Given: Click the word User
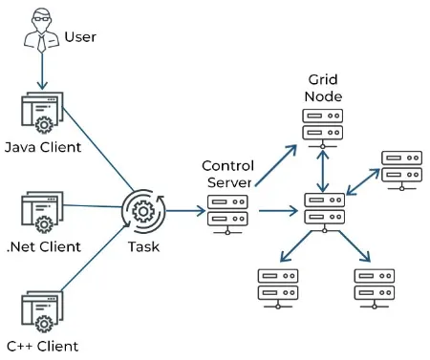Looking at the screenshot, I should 79,38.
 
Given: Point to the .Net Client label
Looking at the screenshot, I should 43,247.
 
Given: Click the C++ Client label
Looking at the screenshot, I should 41,347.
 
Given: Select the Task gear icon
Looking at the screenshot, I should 142,209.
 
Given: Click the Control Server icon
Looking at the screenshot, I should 226,210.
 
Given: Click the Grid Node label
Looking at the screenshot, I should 325,88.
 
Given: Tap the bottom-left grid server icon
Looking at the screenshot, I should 277,286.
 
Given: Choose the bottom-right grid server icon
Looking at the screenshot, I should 374,286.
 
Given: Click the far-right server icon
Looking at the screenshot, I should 400,167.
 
